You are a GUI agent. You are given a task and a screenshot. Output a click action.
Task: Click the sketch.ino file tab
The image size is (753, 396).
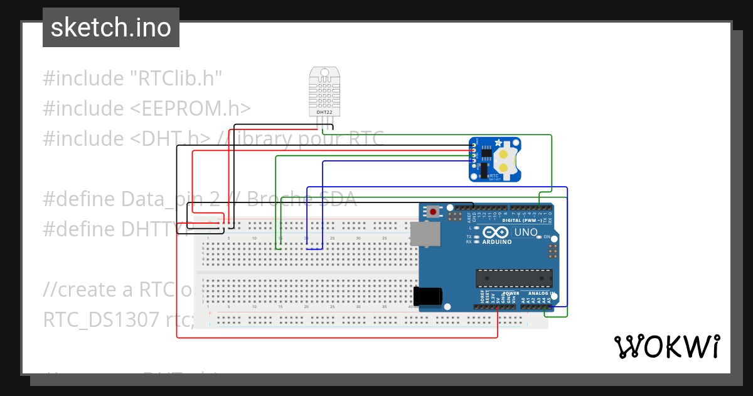click(x=110, y=28)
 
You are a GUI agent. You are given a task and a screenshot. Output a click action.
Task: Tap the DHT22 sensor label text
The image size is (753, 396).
click(x=324, y=113)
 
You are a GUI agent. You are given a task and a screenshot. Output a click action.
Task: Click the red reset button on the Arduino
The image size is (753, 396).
click(x=433, y=212)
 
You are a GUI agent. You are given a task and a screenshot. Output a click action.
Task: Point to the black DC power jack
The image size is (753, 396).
click(x=429, y=297)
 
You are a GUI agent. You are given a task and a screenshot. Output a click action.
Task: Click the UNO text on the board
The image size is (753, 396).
click(x=526, y=233)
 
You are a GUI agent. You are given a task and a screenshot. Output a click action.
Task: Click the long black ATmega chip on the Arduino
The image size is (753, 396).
click(x=514, y=278)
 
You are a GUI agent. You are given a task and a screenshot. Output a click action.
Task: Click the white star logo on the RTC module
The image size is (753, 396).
click(x=499, y=143)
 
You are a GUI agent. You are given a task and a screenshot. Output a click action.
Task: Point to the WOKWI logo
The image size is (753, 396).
click(x=666, y=346)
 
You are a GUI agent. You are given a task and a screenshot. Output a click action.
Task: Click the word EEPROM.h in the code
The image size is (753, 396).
click(x=191, y=109)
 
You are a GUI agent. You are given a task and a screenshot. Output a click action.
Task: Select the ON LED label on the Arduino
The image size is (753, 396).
click(x=547, y=237)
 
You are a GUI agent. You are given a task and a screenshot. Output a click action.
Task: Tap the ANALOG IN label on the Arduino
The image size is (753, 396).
click(x=540, y=294)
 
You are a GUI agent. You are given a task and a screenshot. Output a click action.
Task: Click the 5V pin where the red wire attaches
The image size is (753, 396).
click(x=498, y=307)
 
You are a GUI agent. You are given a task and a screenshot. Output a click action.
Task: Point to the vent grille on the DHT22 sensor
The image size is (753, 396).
click(x=324, y=93)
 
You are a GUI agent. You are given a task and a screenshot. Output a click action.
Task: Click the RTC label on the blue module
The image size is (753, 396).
click(x=494, y=176)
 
